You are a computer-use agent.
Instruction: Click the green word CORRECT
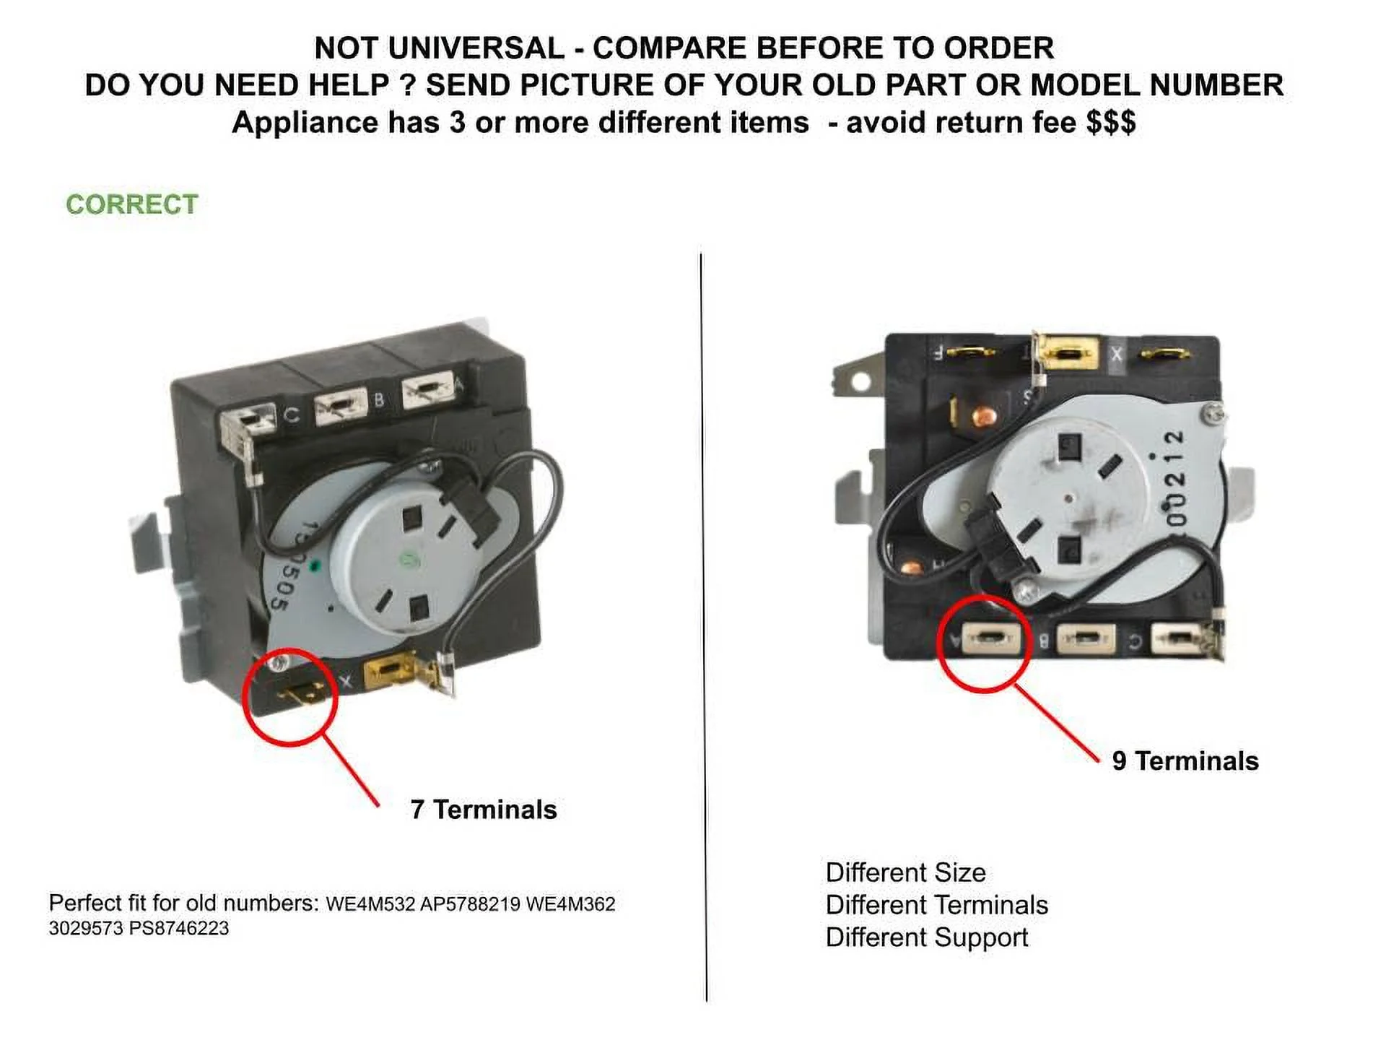coord(132,204)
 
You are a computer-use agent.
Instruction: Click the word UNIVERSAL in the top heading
coord(476,48)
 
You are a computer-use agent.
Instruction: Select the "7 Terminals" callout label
coord(484,810)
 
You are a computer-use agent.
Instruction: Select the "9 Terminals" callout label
coord(1185,760)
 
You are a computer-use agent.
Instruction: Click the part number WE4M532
coord(370,904)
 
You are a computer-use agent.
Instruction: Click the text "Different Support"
coord(926,937)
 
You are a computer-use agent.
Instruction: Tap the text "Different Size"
coord(905,872)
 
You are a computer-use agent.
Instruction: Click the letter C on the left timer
coord(291,415)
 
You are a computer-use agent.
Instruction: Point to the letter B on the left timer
coord(379,400)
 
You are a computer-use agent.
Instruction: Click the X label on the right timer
coord(1116,355)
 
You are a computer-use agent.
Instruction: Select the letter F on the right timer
coord(938,353)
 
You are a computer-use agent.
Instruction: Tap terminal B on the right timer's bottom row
coord(1084,639)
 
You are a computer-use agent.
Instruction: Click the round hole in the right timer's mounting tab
coord(860,381)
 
